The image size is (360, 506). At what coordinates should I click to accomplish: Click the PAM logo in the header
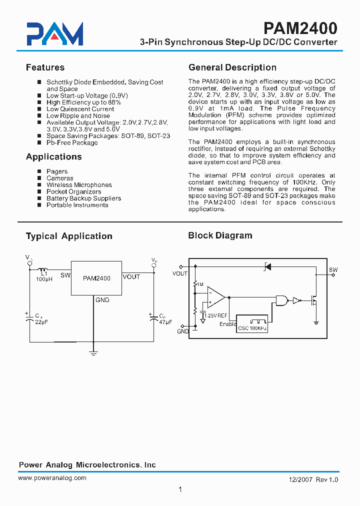coord(54,34)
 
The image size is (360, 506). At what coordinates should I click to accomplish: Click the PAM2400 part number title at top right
coord(300,27)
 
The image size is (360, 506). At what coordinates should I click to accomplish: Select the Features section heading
coord(45,67)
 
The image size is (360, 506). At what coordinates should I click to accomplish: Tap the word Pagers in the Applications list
coord(57,171)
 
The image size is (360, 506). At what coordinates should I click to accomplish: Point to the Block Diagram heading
coord(220,235)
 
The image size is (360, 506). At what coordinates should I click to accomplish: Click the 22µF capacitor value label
coord(41,322)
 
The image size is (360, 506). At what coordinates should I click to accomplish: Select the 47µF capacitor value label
coord(165,322)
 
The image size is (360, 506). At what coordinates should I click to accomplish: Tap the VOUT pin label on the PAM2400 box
coord(131,277)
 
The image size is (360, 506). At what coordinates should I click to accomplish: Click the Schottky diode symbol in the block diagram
coord(267,266)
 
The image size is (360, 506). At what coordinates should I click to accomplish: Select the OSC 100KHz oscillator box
coord(252,328)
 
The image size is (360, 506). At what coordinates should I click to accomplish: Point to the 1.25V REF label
coord(216,315)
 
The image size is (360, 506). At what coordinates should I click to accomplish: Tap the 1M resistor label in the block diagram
coord(200,284)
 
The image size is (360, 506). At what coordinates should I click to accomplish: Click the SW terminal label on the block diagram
coord(333,270)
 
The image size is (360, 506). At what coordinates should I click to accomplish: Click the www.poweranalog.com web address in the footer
coord(52,478)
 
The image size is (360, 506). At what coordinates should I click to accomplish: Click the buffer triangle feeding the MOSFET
coord(296,300)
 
